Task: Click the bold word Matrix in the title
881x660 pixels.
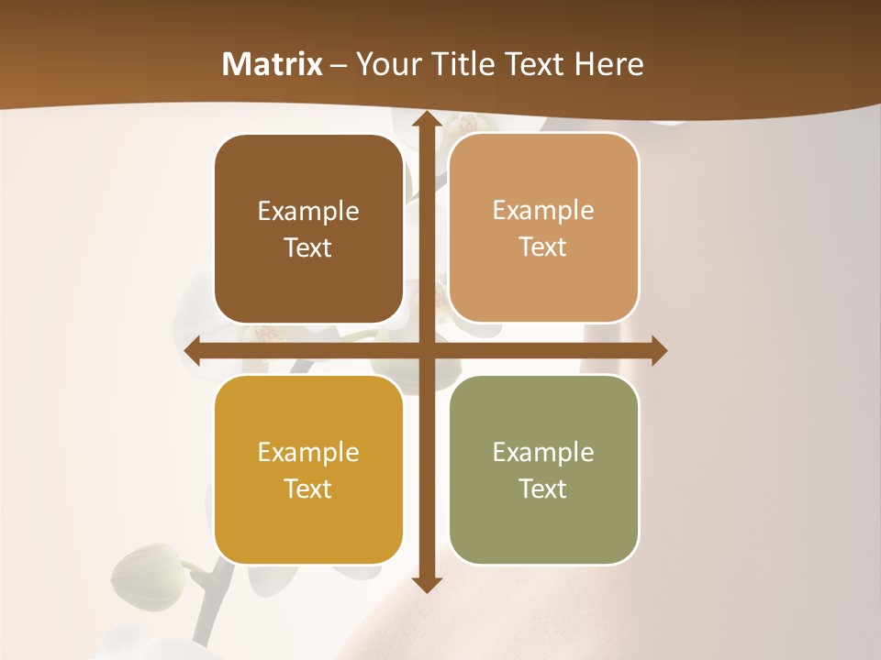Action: click(x=273, y=64)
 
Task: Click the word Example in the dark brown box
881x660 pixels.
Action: click(x=308, y=212)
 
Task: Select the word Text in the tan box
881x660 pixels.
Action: click(x=543, y=247)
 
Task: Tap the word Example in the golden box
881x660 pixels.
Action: click(x=308, y=453)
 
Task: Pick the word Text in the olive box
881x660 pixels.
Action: click(x=543, y=489)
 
